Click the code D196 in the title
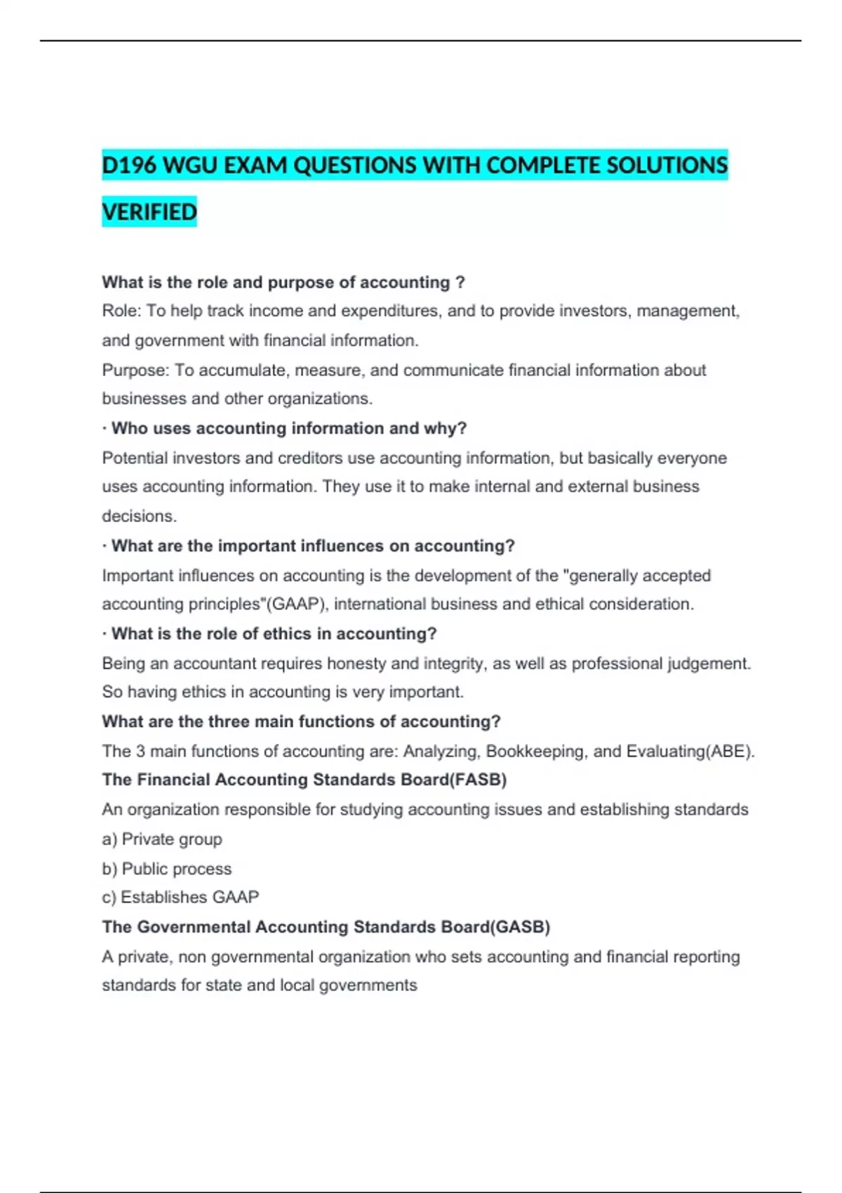[129, 166]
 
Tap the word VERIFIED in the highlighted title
[149, 212]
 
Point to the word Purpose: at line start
[135, 370]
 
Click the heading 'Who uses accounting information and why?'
[288, 428]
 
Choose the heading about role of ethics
[274, 634]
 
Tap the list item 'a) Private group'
[162, 839]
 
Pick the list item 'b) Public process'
[166, 869]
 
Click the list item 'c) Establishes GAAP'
[180, 898]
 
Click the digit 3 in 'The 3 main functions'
[140, 752]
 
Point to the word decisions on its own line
[139, 516]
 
